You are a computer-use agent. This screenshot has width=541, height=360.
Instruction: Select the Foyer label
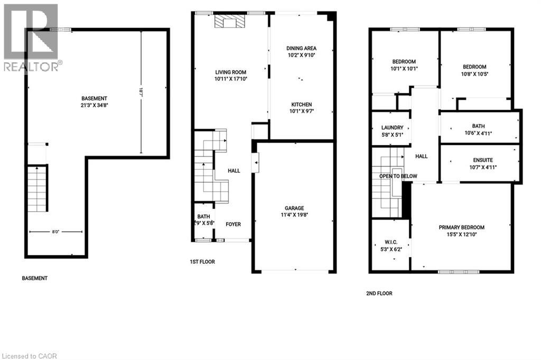coord(233,224)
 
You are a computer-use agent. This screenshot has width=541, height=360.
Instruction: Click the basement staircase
coord(37,188)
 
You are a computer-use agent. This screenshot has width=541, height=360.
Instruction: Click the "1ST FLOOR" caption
coord(202,262)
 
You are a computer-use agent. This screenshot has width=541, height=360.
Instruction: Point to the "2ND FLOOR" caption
coord(379,293)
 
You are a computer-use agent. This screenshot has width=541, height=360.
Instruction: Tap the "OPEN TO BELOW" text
coord(398,176)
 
